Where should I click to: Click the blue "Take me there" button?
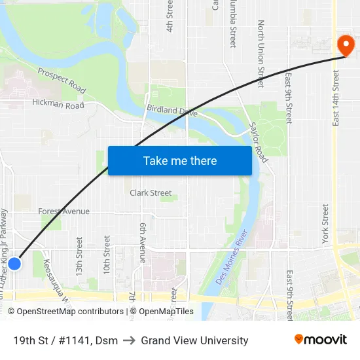(179, 160)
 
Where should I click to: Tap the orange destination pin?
(345, 45)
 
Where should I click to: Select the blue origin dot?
(14, 263)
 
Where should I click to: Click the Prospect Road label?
(62, 80)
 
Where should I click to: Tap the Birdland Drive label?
(171, 111)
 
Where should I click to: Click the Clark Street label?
(151, 193)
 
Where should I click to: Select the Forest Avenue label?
(63, 211)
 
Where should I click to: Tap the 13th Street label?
(79, 256)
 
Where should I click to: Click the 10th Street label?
(107, 256)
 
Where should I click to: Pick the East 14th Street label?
(336, 98)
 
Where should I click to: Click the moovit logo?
(320, 339)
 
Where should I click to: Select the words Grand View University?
(194, 340)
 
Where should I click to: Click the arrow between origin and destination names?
(129, 340)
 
